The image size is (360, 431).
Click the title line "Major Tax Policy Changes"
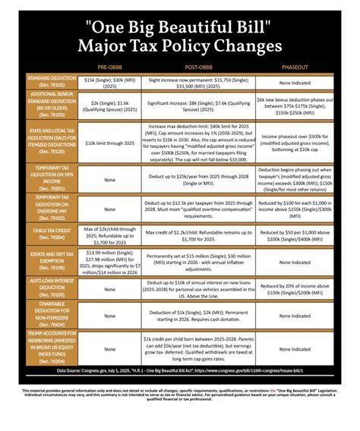tap(179, 46)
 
